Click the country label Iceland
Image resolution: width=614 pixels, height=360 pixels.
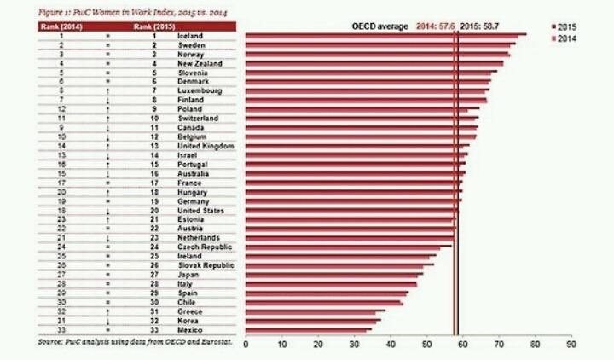[x=188, y=37]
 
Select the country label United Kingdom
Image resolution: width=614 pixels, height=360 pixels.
[x=205, y=146]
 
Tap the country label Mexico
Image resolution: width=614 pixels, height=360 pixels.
[x=188, y=328]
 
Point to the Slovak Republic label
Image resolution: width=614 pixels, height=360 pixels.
[x=205, y=264]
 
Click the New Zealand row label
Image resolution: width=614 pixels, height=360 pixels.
[x=200, y=64]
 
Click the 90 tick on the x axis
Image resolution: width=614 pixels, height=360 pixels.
[x=571, y=346]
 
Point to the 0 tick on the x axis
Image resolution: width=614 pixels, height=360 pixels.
[x=246, y=346]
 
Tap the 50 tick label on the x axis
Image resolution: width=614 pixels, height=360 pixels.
[x=426, y=346]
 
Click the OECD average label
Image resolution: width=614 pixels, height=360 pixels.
[x=381, y=27]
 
